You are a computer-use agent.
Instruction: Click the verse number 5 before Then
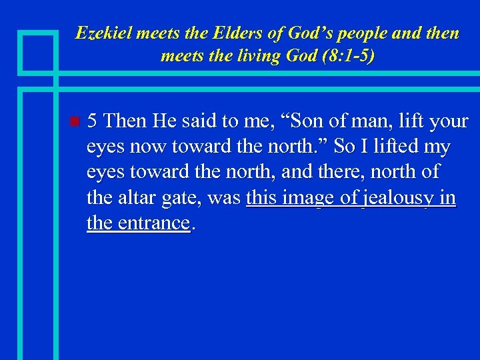tap(93, 121)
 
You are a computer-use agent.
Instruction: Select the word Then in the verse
tap(127, 121)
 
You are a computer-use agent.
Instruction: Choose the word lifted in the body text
tap(389, 147)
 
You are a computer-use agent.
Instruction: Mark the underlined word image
tap(309, 197)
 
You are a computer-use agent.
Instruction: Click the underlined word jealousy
tap(400, 197)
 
